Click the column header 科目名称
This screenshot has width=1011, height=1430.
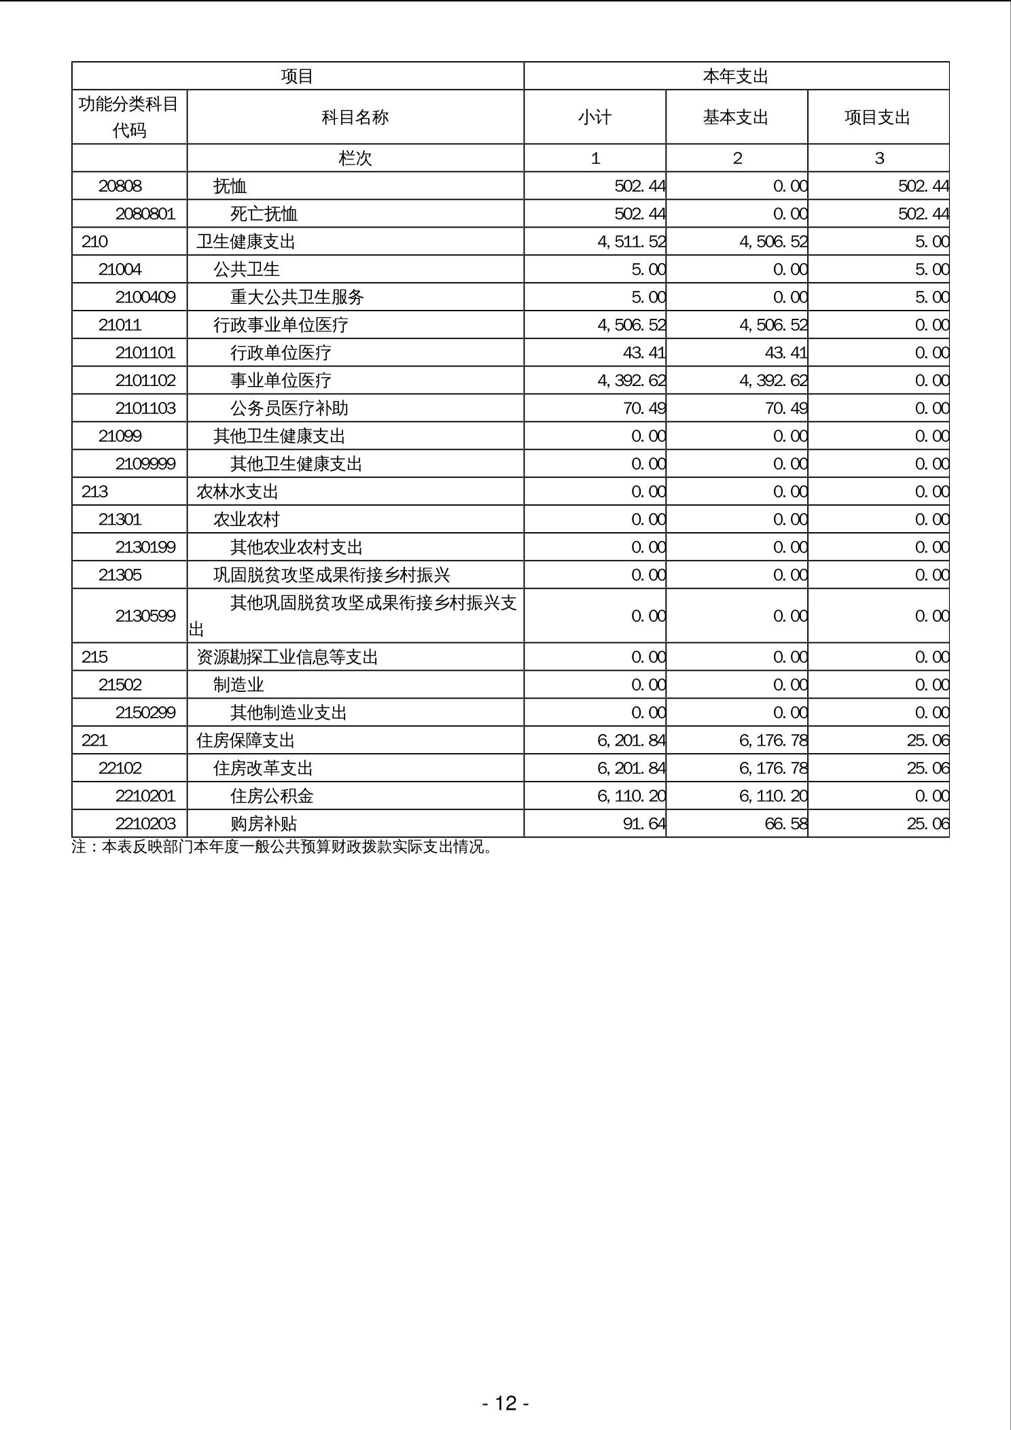click(355, 117)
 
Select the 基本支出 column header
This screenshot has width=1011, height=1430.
click(736, 117)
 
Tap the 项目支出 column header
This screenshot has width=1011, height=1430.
click(877, 117)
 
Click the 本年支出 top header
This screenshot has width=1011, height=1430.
click(736, 76)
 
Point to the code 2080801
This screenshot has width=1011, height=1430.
click(145, 214)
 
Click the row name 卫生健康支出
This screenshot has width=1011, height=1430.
click(246, 242)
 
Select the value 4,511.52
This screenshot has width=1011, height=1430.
click(632, 242)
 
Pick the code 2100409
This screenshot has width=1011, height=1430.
click(145, 297)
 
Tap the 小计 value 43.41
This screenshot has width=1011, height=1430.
click(639, 353)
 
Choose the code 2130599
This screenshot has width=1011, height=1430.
click(145, 616)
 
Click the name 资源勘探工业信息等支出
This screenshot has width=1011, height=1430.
click(287, 657)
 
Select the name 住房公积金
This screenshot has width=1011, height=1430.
click(272, 796)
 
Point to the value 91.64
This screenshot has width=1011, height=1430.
click(643, 824)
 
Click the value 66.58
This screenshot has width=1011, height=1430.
click(785, 824)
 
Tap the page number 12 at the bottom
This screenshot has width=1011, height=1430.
click(505, 1403)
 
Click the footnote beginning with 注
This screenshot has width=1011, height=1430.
click(282, 847)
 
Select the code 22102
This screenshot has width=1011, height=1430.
click(120, 768)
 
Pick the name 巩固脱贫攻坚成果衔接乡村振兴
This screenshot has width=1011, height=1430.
click(332, 575)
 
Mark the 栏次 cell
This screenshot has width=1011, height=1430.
click(355, 158)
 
